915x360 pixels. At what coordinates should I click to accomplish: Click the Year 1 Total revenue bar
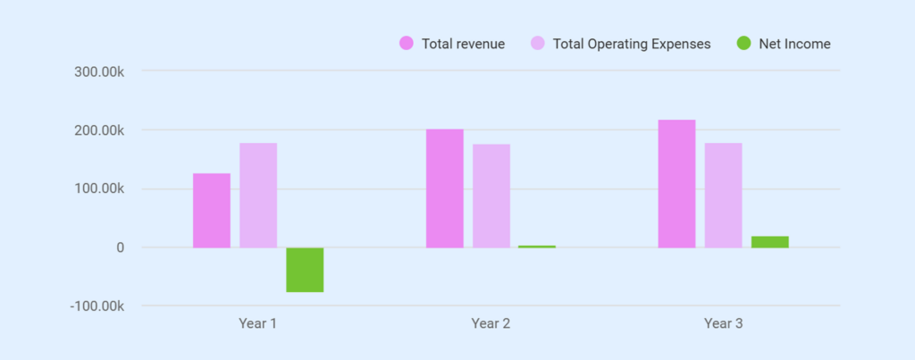point(212,210)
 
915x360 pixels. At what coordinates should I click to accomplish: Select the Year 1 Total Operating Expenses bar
point(258,195)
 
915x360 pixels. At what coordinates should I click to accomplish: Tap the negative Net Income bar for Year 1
point(305,270)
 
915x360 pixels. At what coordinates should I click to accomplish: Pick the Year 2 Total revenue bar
point(445,188)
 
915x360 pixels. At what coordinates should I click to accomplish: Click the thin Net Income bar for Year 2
point(537,247)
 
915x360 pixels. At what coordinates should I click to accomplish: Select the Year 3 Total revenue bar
point(677,183)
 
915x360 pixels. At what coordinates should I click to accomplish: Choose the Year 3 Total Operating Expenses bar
point(723,195)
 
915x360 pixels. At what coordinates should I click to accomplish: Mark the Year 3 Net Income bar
point(769,242)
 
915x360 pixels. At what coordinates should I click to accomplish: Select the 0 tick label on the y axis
point(118,247)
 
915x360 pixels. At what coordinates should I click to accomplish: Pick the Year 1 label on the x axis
point(258,323)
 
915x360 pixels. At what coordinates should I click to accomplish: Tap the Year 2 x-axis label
point(491,323)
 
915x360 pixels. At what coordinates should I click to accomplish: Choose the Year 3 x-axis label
point(724,323)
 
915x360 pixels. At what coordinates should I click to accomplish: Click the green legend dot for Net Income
point(743,43)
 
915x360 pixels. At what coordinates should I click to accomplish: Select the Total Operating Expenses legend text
point(632,43)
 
